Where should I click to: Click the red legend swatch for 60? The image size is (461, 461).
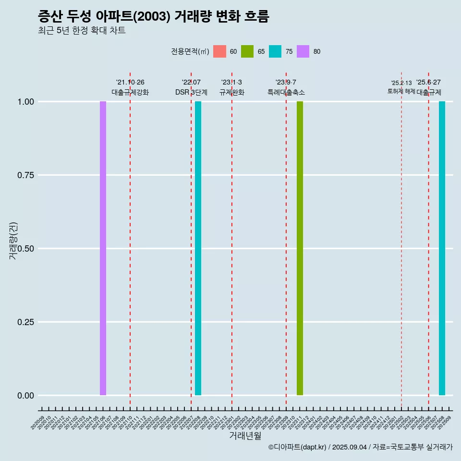pos(219,51)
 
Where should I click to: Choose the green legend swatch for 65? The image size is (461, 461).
pos(247,51)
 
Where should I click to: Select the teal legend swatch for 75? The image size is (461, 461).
pos(275,51)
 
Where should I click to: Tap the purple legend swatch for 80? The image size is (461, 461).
pos(303,51)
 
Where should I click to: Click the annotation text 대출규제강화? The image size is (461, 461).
pos(130,92)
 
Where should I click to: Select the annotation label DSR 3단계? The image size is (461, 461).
pos(191,92)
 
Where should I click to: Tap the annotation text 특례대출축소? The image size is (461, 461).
pos(286,92)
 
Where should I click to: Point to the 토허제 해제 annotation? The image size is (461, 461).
pos(401,91)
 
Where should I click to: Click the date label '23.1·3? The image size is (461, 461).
pos(231,82)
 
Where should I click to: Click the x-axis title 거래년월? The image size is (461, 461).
pos(245,436)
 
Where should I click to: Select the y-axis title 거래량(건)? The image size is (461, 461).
pos(13,240)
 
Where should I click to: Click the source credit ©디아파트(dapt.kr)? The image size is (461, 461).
pos(298,447)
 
